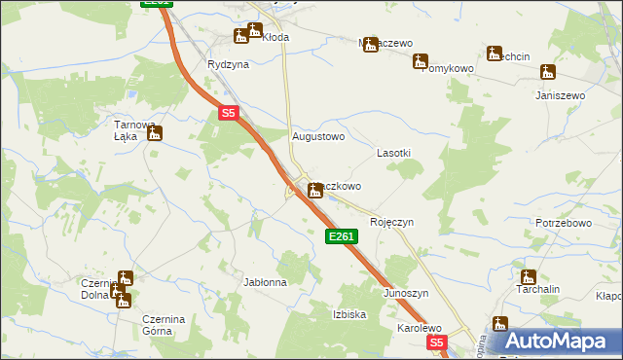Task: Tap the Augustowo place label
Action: point(319,137)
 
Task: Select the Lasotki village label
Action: point(394,154)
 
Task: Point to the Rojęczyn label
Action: point(392,222)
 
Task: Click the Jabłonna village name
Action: point(265,282)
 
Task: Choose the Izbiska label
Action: point(349,314)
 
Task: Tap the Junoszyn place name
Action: point(406,293)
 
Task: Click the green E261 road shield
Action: point(342,236)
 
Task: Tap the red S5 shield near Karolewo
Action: point(436,342)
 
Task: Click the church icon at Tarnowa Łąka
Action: point(154,134)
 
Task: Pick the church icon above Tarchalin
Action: point(528,277)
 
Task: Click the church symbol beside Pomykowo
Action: point(420,61)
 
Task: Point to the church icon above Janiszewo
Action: point(549,72)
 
